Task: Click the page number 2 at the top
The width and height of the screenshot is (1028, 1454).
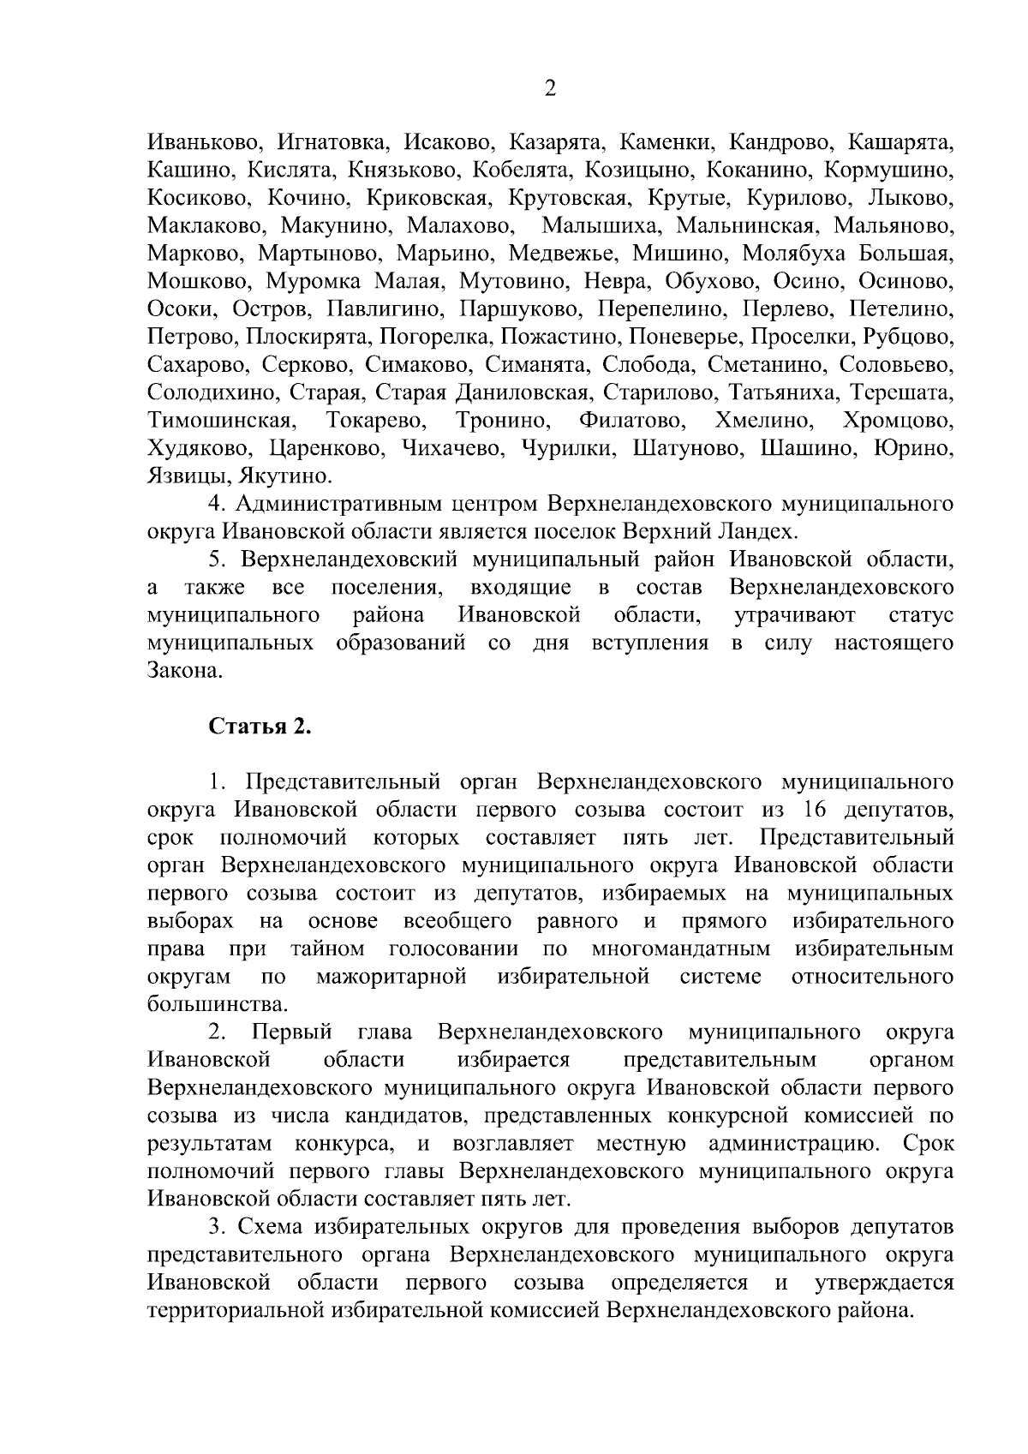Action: click(550, 89)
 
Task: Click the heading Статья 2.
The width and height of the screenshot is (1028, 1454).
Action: click(260, 727)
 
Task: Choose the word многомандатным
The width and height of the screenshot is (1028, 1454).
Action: click(680, 948)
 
